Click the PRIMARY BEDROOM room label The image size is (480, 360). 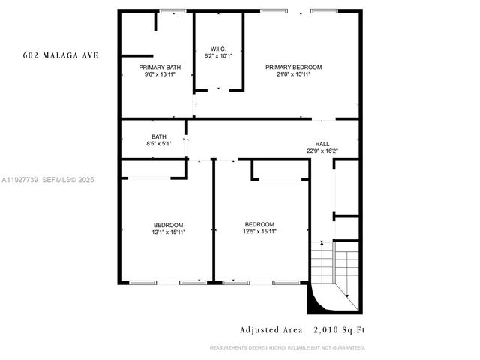click(293, 67)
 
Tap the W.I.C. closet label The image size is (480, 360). click(218, 49)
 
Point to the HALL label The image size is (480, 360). click(322, 143)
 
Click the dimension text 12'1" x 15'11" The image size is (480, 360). click(168, 232)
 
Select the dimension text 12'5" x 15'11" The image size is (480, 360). click(259, 232)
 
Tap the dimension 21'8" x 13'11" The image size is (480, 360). click(293, 74)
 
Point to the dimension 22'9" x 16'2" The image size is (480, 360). click(322, 151)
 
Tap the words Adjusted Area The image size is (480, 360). click(271, 329)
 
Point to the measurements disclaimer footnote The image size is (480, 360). click(287, 347)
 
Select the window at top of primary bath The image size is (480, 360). click(172, 11)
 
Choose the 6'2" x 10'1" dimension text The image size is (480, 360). click(218, 55)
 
